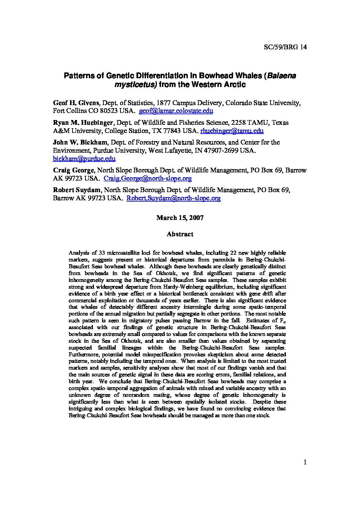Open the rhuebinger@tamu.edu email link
click(x=232, y=131)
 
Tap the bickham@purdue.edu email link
click(x=84, y=158)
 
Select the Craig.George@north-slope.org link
click(x=147, y=178)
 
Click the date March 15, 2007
click(x=180, y=218)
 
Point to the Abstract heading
click(x=180, y=234)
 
